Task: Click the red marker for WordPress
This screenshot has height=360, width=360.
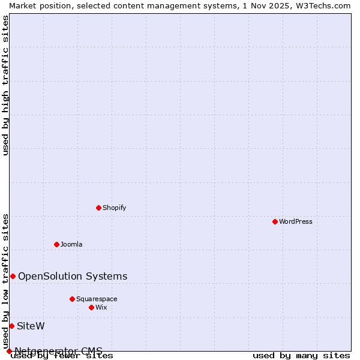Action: (275, 221)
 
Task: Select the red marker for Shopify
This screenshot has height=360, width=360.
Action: (98, 208)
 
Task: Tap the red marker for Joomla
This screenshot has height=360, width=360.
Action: (56, 244)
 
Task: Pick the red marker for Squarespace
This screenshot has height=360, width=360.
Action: (72, 299)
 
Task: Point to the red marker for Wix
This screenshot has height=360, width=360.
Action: (91, 307)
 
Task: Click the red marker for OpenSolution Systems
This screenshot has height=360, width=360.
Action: (13, 276)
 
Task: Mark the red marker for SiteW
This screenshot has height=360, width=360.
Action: (11, 326)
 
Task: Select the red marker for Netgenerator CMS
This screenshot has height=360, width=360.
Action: (9, 351)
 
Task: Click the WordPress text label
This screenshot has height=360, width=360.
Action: (296, 221)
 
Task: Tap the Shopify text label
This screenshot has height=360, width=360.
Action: (114, 208)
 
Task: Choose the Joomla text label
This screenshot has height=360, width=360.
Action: (71, 244)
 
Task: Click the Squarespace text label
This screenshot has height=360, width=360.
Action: (97, 299)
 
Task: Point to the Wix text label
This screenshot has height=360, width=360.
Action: (101, 307)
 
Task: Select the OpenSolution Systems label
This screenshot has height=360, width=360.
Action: (73, 276)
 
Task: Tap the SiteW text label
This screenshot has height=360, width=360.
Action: (31, 326)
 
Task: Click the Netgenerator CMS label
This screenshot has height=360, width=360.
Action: (58, 351)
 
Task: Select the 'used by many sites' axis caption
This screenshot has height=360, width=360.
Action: (301, 355)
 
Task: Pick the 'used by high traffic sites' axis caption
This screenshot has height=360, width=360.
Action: (6, 85)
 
